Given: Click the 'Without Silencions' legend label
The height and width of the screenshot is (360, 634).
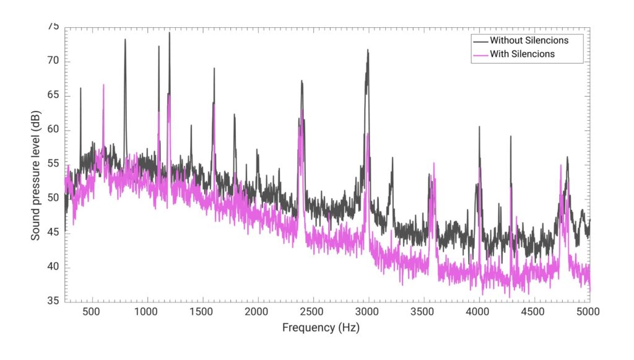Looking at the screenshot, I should [x=529, y=40].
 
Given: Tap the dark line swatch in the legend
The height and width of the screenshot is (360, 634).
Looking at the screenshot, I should [x=480, y=40].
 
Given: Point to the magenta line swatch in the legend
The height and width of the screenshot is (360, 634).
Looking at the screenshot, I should [x=480, y=55].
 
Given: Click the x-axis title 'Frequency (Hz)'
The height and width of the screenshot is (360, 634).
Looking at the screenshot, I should [x=320, y=327].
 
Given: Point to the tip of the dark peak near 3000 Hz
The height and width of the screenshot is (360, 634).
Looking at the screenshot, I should [x=368, y=50].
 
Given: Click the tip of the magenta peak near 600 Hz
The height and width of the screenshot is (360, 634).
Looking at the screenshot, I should [x=103, y=85].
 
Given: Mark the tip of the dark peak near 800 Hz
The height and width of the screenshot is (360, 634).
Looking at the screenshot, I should [x=125, y=40].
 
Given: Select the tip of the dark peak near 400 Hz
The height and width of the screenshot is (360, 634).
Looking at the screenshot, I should [x=80, y=88].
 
